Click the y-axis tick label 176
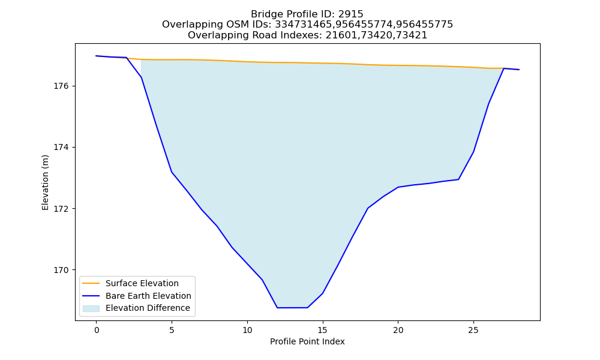[x=61, y=86]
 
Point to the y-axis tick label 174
[x=61, y=147]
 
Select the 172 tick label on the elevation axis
[x=61, y=209]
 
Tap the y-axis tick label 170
[x=61, y=270]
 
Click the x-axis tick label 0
[x=97, y=330]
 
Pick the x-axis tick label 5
[x=172, y=330]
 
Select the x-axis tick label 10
[x=247, y=330]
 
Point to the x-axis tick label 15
[x=323, y=330]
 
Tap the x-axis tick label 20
[x=398, y=330]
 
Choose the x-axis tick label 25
[x=473, y=330]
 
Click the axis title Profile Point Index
[x=307, y=341]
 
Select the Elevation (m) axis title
[x=45, y=182]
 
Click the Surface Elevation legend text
[x=142, y=283]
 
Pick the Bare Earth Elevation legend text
[x=148, y=296]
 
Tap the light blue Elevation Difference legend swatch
[x=91, y=308]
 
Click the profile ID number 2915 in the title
[x=350, y=14]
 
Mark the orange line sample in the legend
[x=91, y=283]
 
